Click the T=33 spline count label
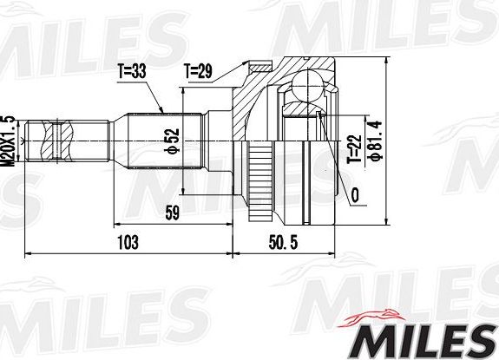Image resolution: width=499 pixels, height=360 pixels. click(x=131, y=72)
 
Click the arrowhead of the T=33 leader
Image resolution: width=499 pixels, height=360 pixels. click(x=163, y=112)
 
